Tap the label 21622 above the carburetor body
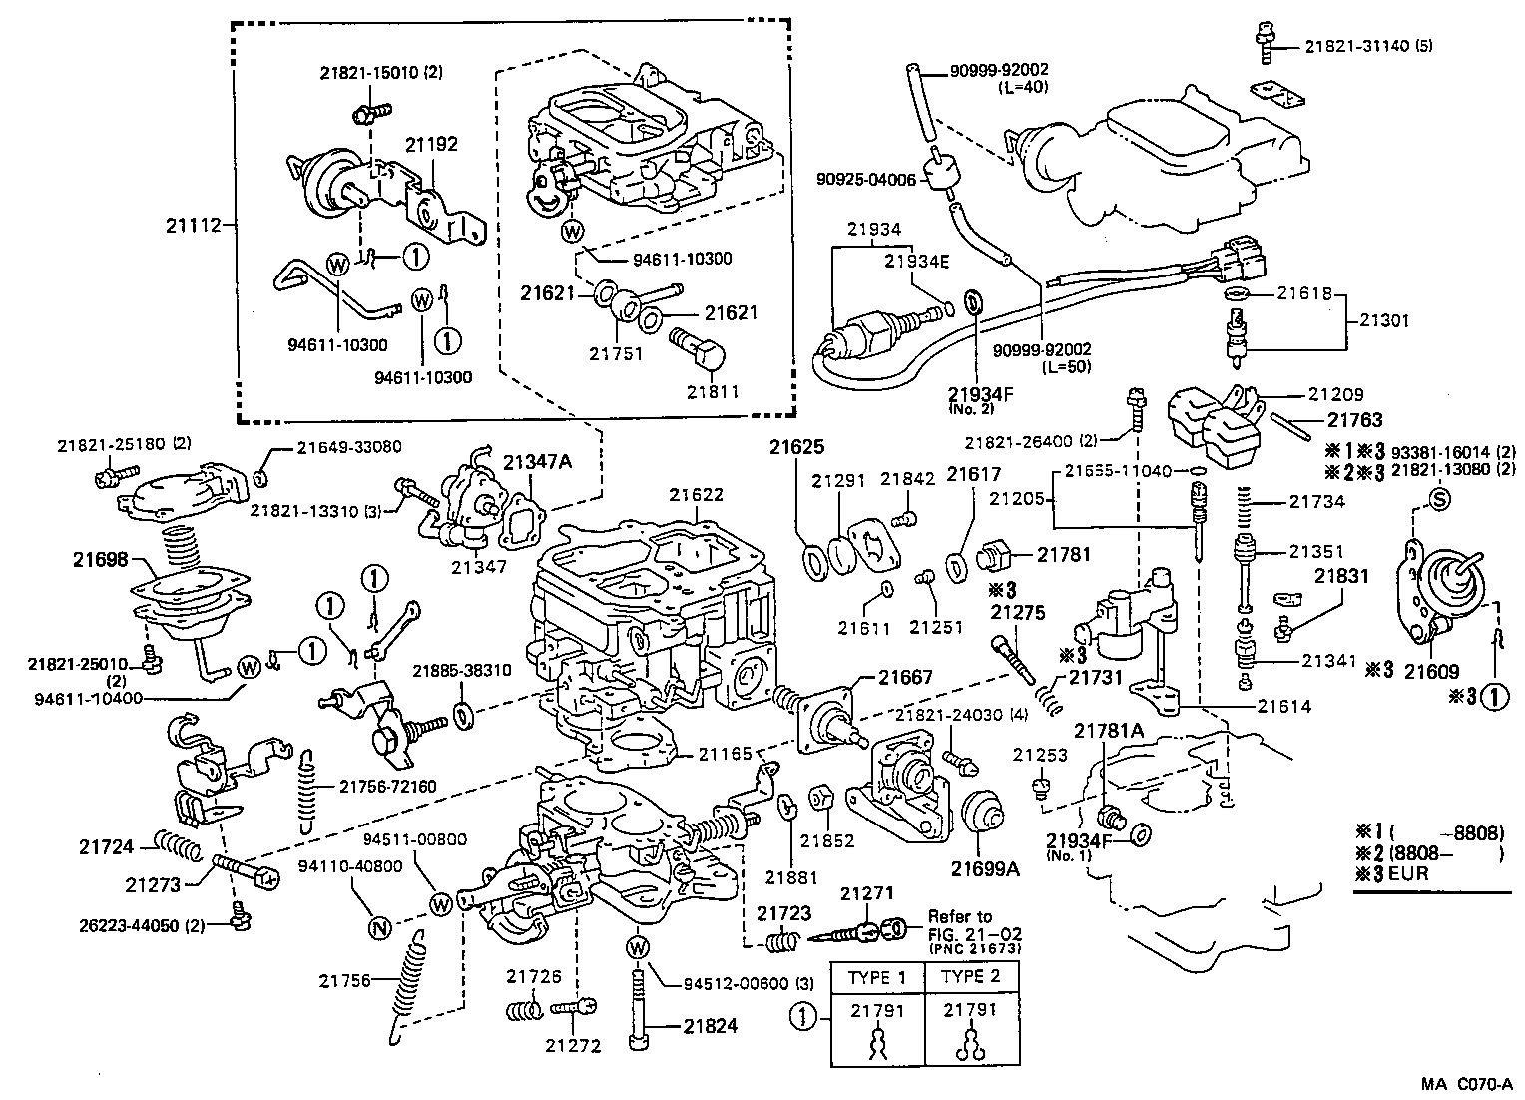point(696,495)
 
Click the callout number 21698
point(100,560)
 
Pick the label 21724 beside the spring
point(106,847)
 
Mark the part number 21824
point(711,1026)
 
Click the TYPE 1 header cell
point(877,976)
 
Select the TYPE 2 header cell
point(970,976)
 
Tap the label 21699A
point(984,868)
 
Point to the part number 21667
point(906,677)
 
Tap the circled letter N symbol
point(378,926)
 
